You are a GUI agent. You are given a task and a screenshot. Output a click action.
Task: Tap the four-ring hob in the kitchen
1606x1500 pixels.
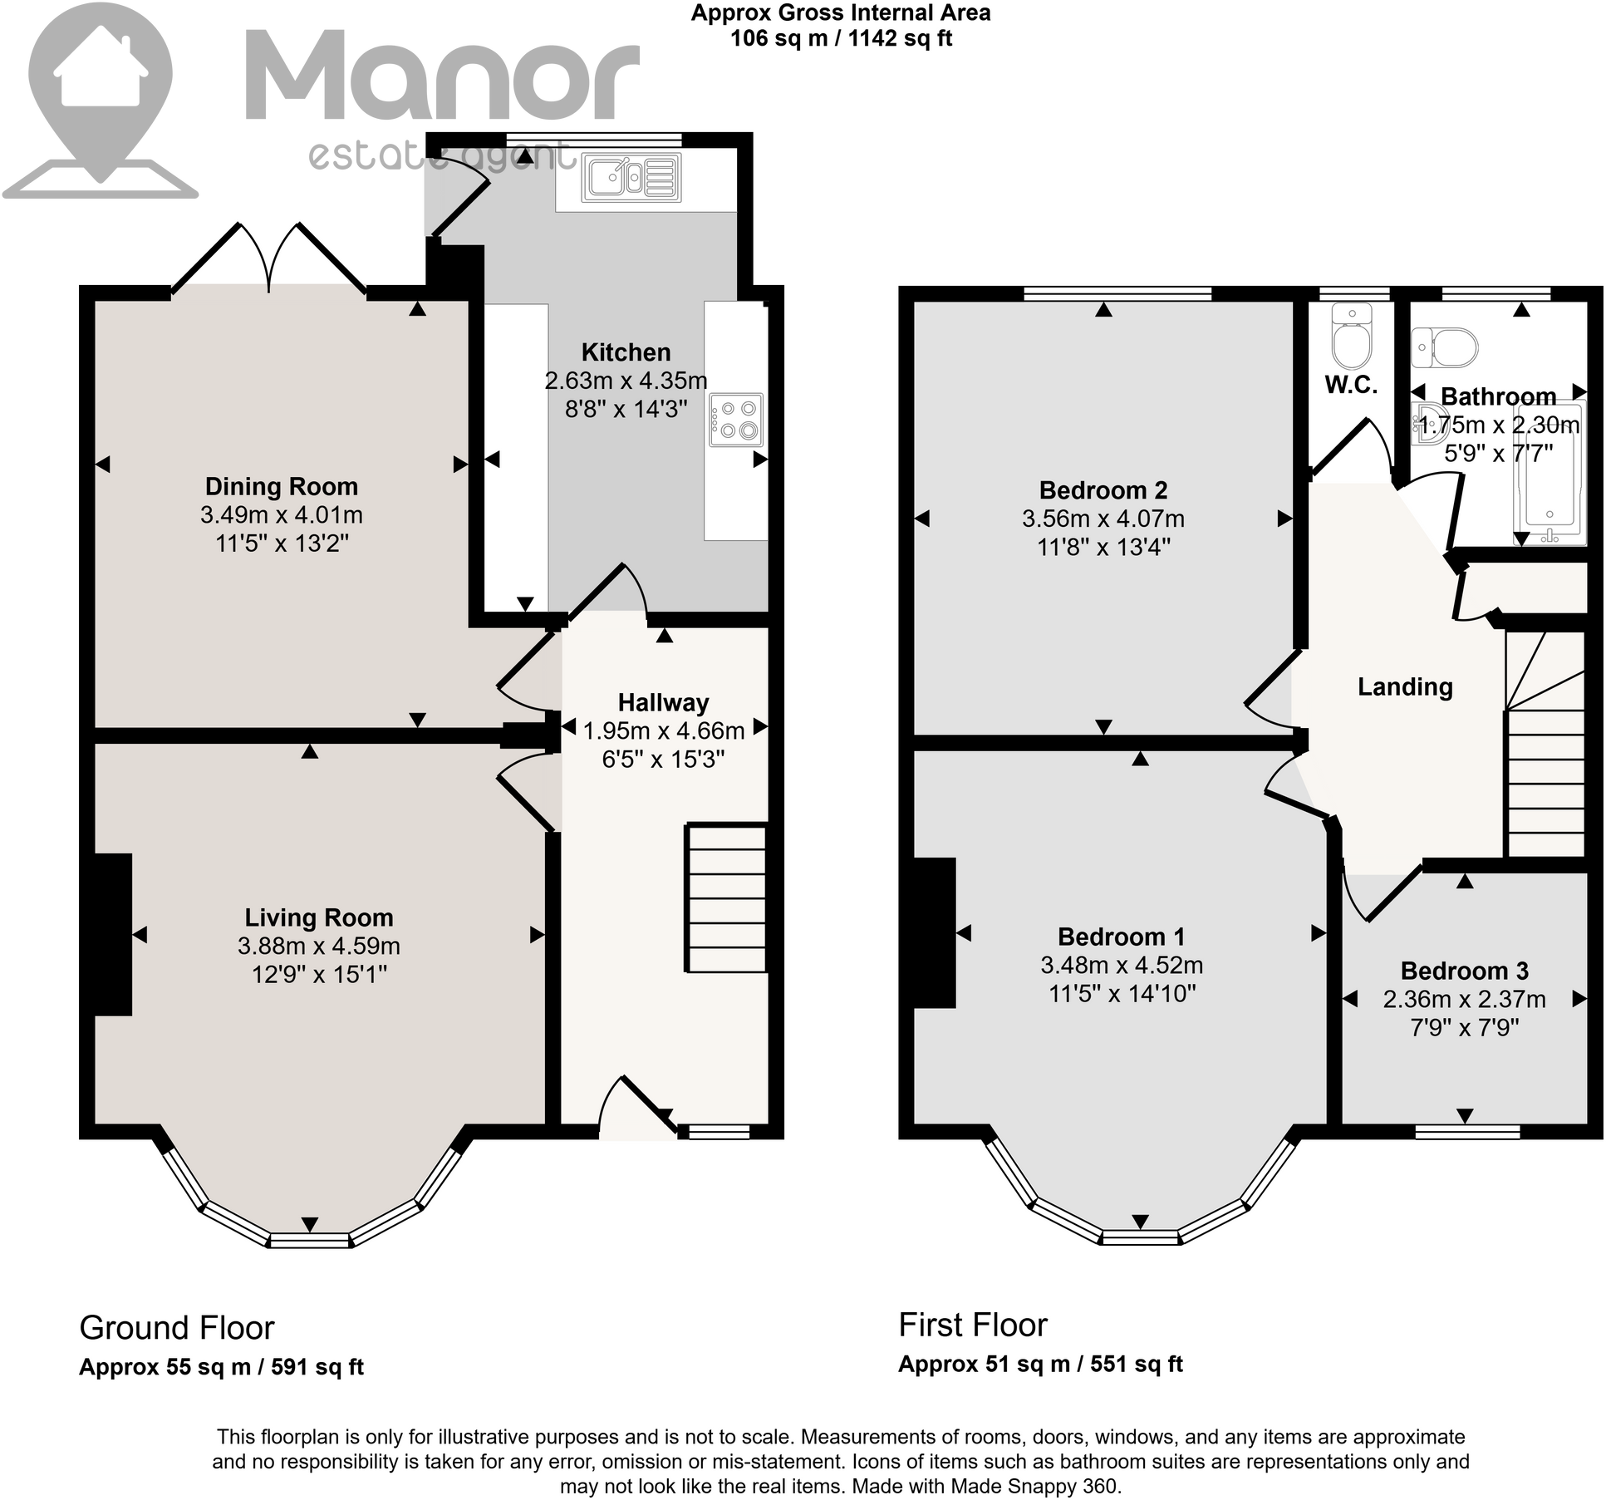735,420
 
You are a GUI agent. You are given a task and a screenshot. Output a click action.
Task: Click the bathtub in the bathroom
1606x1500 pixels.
1550,474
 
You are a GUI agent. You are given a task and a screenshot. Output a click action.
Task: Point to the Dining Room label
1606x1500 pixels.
281,486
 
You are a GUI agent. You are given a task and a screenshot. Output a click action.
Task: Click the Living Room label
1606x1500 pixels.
318,917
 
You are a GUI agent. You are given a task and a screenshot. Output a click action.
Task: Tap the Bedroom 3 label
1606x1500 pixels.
1464,971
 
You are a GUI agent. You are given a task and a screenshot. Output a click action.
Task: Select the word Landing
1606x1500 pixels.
1405,686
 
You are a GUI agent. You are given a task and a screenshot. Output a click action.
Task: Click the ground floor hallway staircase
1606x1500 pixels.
725,898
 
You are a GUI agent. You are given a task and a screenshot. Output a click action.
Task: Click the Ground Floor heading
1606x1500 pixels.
176,1328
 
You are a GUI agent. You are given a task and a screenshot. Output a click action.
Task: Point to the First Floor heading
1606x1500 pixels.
973,1325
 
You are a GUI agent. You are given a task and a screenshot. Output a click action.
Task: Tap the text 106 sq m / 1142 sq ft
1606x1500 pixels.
841,38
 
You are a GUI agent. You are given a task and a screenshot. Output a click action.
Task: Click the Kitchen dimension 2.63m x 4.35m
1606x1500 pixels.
626,381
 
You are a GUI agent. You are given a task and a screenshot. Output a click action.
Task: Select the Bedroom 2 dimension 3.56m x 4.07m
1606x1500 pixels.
1103,519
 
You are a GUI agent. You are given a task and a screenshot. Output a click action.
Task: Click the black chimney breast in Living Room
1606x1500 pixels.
113,934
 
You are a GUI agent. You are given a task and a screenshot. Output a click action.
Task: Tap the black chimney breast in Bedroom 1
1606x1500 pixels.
934,932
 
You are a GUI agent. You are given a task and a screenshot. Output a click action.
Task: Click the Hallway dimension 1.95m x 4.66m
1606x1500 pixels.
664,731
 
